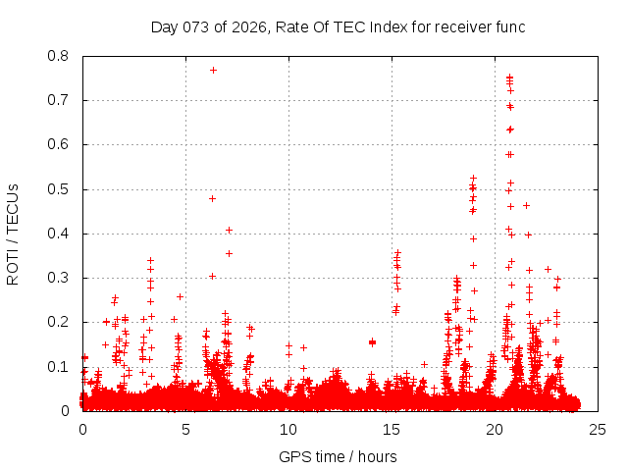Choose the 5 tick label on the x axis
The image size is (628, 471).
(185, 430)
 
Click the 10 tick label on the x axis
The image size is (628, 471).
(288, 430)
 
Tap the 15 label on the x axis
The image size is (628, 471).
(392, 430)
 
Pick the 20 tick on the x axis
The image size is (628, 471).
(495, 430)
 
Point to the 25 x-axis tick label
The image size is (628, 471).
(598, 430)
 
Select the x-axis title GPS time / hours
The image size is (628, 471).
(339, 456)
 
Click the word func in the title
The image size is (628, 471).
(510, 26)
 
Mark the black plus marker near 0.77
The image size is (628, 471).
(213, 70)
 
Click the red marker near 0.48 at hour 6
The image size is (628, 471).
(212, 198)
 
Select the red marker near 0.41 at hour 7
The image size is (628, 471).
(229, 230)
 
